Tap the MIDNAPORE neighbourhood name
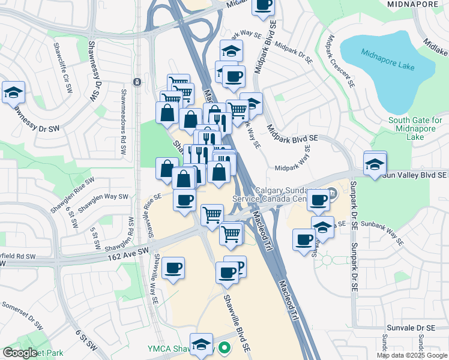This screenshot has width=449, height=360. tap(413, 4)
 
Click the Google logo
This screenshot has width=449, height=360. tap(20, 353)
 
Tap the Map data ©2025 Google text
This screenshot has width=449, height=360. tap(411, 355)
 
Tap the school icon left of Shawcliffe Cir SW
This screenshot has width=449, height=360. tap(13, 93)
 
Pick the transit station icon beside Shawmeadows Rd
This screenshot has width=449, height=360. tap(137, 82)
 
